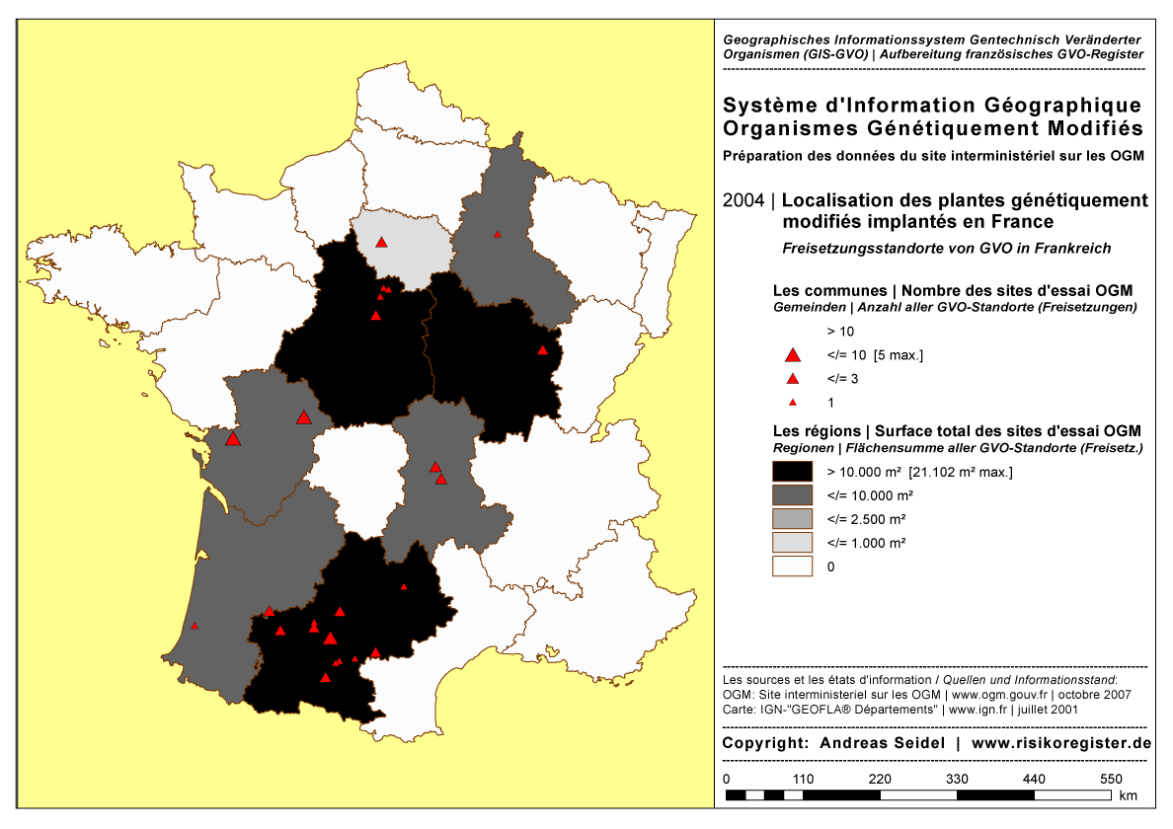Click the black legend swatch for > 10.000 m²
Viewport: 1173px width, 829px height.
[x=792, y=471]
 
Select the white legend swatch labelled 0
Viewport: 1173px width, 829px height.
[x=792, y=566]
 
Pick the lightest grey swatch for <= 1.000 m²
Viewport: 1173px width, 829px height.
[x=792, y=543]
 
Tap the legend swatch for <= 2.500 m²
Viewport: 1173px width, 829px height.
[x=792, y=518]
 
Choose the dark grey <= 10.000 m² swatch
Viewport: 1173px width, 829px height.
[x=792, y=494]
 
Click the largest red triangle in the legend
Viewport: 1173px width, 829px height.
[x=791, y=355]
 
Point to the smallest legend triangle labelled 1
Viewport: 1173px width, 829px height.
[x=791, y=403]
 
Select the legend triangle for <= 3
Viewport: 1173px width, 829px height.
[x=791, y=379]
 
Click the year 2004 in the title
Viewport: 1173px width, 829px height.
[x=743, y=200]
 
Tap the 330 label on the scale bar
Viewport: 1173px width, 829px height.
[x=958, y=779]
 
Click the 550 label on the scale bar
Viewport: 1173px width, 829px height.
[x=1112, y=779]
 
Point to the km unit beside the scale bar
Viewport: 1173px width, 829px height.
[x=1129, y=795]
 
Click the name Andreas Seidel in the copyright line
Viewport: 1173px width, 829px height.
[x=879, y=743]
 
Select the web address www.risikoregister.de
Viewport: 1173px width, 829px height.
[x=1061, y=743]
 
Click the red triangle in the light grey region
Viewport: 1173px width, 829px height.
[x=381, y=242]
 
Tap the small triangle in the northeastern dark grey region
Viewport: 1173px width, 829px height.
[x=498, y=234]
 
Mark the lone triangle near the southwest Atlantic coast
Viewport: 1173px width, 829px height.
[x=195, y=626]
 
